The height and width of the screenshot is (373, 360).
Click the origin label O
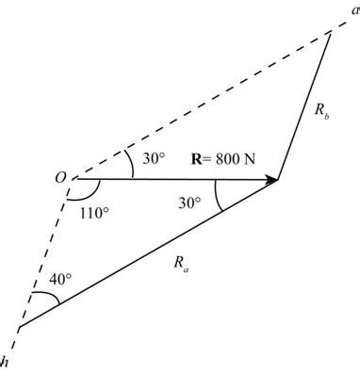(58, 176)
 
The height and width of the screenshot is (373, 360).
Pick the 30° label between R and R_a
(192, 203)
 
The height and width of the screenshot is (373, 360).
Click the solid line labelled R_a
(146, 254)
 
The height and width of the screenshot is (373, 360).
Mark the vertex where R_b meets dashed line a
(332, 31)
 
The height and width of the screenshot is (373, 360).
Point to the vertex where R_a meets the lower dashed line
(19, 329)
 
